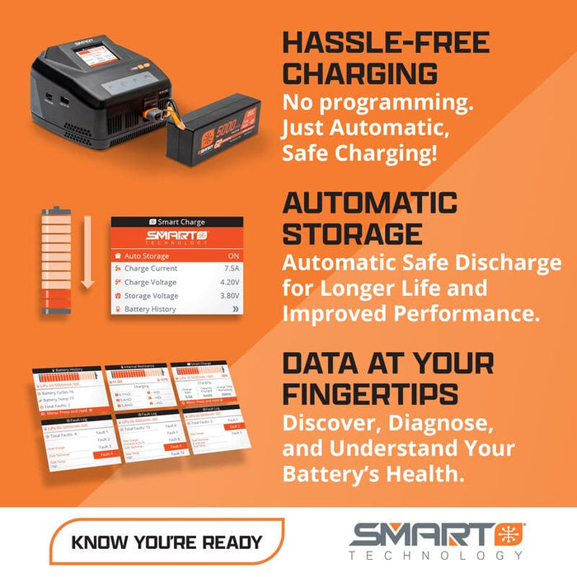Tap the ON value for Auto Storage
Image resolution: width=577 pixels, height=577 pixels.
coord(233,256)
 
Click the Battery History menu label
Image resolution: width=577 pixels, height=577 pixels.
coord(150,309)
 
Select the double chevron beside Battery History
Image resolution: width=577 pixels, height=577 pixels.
coord(234,309)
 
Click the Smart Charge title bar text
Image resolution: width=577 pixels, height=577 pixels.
coord(181,222)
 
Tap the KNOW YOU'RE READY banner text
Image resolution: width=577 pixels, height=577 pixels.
coord(167,542)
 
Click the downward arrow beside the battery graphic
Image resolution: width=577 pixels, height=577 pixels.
coord(88,264)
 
